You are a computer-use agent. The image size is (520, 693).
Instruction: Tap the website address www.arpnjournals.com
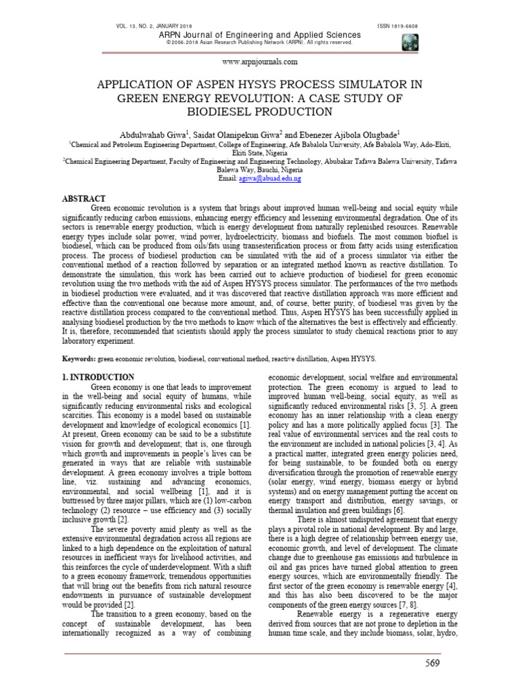259,62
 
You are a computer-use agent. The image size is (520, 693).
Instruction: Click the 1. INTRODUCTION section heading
98,377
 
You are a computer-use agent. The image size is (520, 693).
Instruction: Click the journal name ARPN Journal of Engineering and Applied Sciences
259,35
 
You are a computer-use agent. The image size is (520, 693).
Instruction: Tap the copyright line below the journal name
259,43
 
